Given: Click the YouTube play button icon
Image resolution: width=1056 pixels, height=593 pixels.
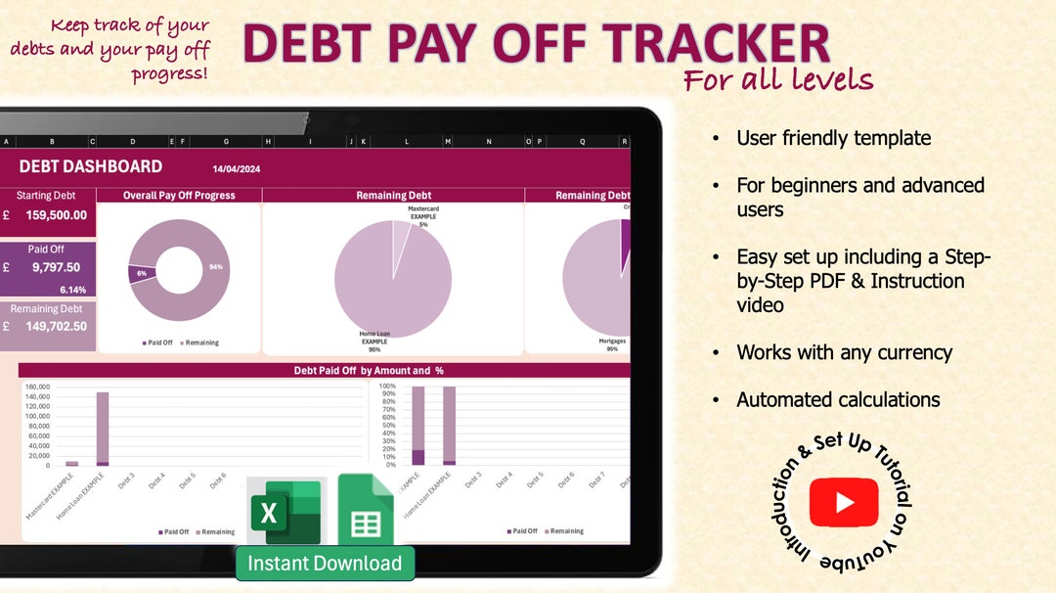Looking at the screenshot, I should pos(844,502).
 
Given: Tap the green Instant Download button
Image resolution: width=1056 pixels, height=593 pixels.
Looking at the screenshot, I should pos(325,564).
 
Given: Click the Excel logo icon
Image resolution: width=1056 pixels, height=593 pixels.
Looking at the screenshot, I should pos(283,512).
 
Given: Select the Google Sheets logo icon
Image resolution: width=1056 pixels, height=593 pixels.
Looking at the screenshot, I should pos(366,511).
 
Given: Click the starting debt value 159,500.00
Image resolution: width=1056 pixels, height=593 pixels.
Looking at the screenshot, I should pos(57,215).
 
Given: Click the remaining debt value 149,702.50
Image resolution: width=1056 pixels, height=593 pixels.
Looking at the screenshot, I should pos(57,327).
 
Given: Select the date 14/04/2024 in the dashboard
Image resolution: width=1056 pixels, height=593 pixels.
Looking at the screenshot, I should pos(237,169).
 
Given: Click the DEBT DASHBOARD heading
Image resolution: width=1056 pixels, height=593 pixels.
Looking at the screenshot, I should pos(91,167).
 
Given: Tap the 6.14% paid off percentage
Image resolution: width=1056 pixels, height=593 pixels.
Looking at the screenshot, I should pos(73,290).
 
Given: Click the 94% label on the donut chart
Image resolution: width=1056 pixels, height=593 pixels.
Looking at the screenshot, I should pos(215,266).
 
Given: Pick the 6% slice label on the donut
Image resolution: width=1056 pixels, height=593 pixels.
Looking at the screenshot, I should pos(142,273).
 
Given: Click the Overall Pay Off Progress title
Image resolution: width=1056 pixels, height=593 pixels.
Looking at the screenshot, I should pos(179,196).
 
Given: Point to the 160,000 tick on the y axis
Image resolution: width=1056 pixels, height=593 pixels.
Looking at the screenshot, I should pos(37,388).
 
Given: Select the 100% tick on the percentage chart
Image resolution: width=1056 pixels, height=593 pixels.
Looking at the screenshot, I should pos(387,387).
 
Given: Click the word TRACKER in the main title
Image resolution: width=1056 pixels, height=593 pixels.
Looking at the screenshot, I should pos(716,44).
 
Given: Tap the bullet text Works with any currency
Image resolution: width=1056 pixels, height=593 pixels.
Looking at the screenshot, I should pos(844,352).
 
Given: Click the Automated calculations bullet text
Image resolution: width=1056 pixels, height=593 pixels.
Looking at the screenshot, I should pos(838,399).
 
